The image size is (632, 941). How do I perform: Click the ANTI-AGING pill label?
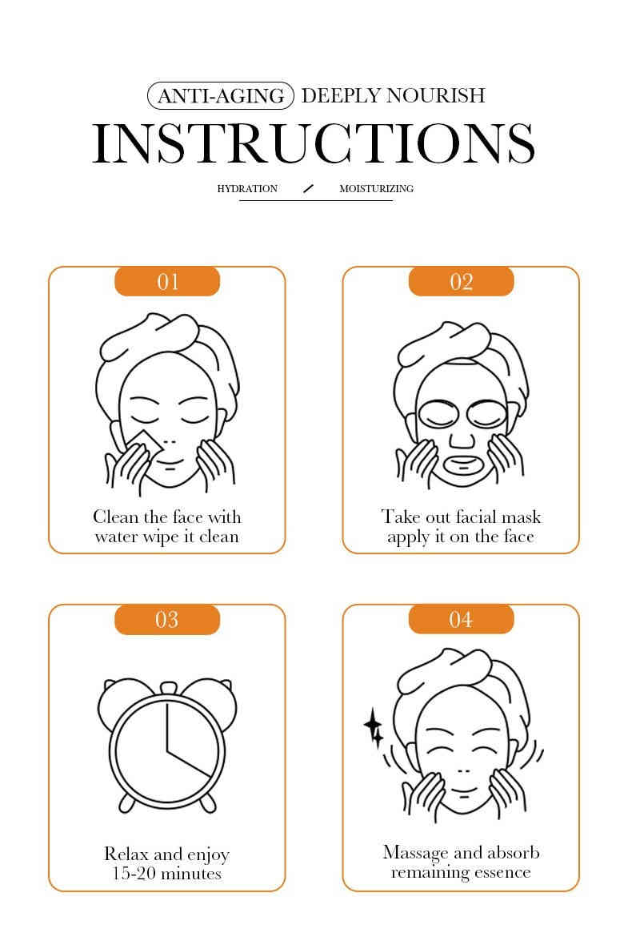click(x=221, y=95)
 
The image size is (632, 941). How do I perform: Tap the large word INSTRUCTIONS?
click(x=314, y=143)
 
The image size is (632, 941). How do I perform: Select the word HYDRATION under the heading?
click(x=247, y=188)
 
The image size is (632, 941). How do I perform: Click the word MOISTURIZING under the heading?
click(x=377, y=188)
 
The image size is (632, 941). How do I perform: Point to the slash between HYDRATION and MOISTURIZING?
click(x=308, y=188)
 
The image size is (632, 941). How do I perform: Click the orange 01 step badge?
click(x=167, y=281)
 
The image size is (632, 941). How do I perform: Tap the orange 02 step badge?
click(x=461, y=281)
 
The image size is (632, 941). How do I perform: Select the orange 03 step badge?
click(x=167, y=619)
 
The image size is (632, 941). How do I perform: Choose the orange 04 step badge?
click(x=461, y=619)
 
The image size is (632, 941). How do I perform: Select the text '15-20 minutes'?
click(x=166, y=873)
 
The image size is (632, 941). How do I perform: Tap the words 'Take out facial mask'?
click(x=461, y=517)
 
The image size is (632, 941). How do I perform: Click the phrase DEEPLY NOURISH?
click(x=394, y=95)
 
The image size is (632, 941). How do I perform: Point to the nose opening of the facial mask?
click(x=462, y=440)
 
